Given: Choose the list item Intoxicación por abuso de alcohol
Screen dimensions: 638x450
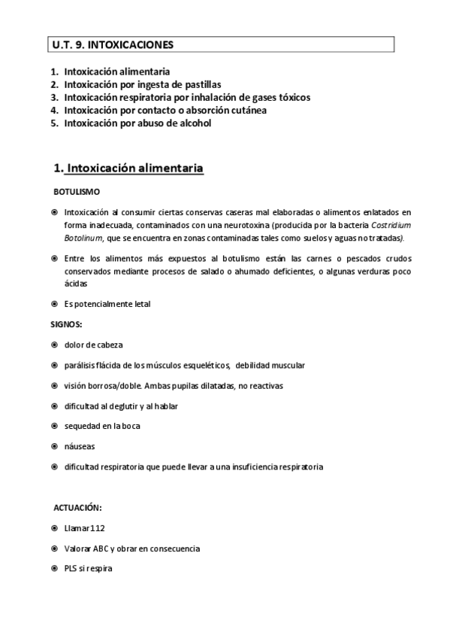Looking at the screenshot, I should point(137,123).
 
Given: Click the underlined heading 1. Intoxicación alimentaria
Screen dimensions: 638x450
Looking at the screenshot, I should point(128,169).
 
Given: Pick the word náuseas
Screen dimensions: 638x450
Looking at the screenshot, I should point(80,446).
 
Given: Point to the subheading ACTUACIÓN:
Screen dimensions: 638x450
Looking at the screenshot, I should point(78,508).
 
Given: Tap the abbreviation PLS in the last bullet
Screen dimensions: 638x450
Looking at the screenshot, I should point(72,569).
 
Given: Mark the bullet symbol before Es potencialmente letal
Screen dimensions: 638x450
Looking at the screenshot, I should point(55,304).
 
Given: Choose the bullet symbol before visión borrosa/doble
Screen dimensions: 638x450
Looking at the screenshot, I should point(55,385).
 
